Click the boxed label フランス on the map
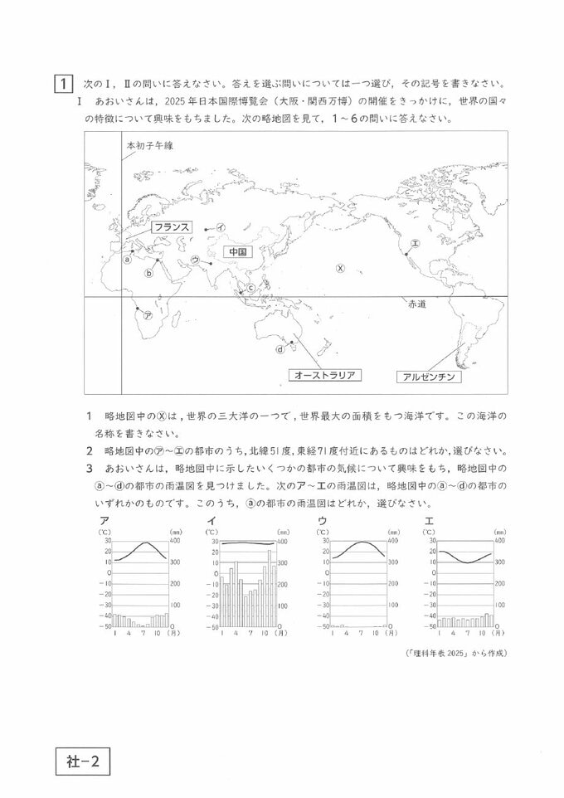click(171, 226)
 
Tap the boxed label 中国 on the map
click(236, 251)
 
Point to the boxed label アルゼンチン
click(429, 377)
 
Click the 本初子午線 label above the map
click(149, 145)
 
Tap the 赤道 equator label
click(416, 304)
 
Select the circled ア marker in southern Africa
click(147, 316)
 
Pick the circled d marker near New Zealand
click(280, 349)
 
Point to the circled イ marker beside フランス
click(221, 227)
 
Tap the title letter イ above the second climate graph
click(210, 520)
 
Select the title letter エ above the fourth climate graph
click(428, 520)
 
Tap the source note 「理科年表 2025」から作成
click(455, 653)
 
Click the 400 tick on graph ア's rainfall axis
click(175, 541)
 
